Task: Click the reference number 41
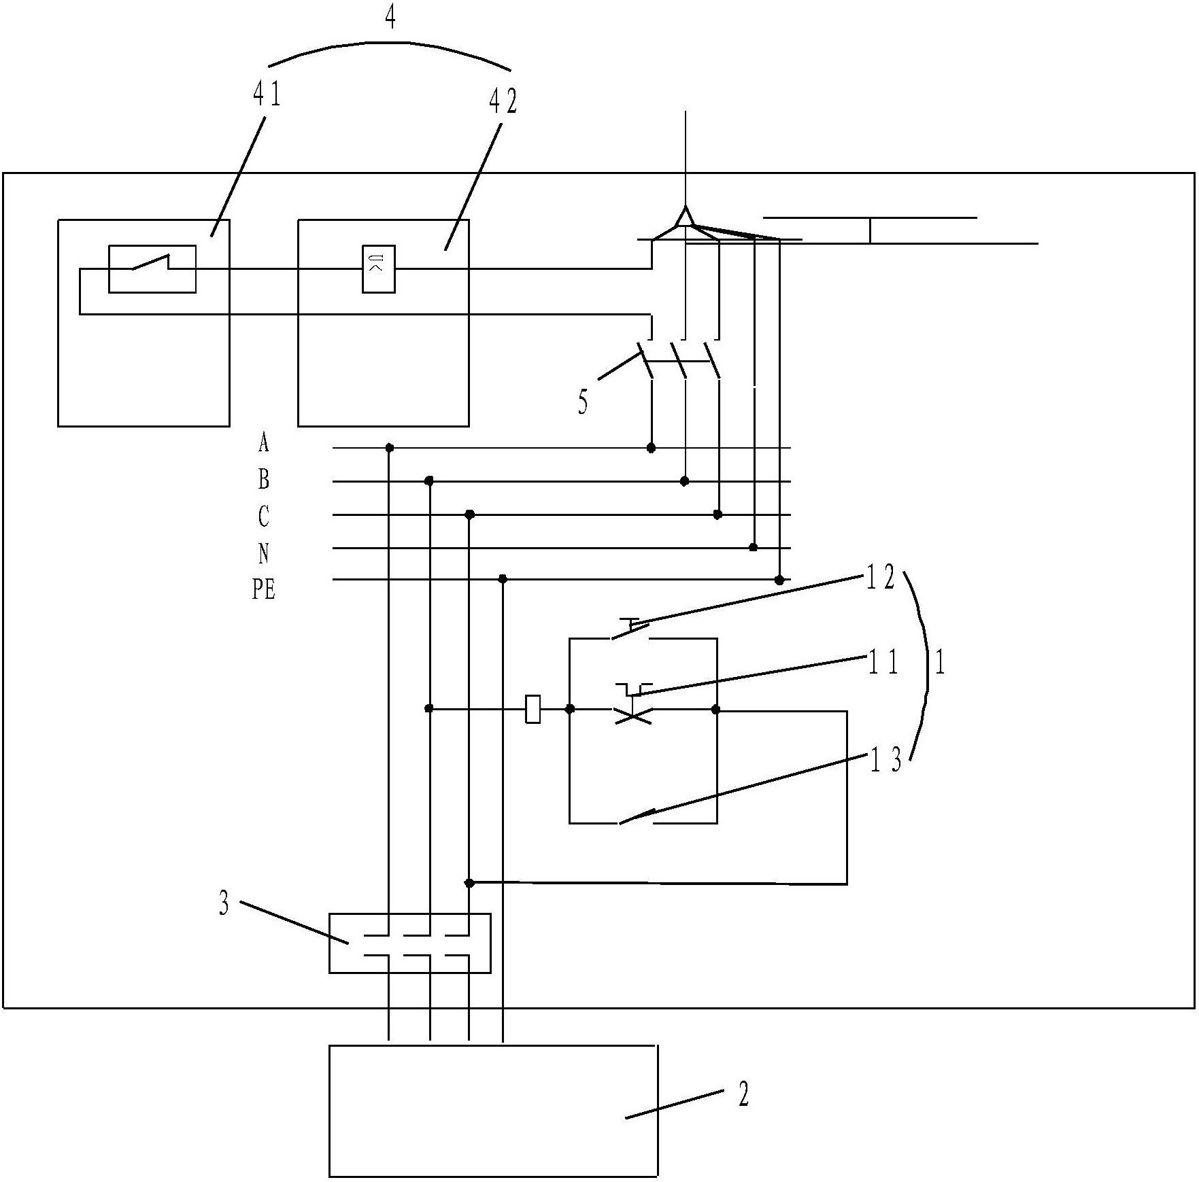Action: click(x=267, y=94)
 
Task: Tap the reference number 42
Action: click(x=503, y=101)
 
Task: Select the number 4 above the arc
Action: click(x=390, y=18)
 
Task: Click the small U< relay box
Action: click(x=379, y=268)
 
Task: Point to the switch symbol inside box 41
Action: click(x=152, y=269)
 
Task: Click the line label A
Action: click(x=264, y=443)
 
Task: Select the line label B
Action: click(x=264, y=480)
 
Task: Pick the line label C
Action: click(x=264, y=517)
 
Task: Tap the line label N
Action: click(x=264, y=553)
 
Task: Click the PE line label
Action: click(x=264, y=589)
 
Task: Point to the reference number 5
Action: click(x=583, y=402)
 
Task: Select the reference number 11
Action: click(x=883, y=662)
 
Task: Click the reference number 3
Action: click(x=224, y=905)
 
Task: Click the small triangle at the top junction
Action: click(x=685, y=217)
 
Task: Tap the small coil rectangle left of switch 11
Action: click(x=534, y=709)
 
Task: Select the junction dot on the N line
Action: click(x=753, y=547)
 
